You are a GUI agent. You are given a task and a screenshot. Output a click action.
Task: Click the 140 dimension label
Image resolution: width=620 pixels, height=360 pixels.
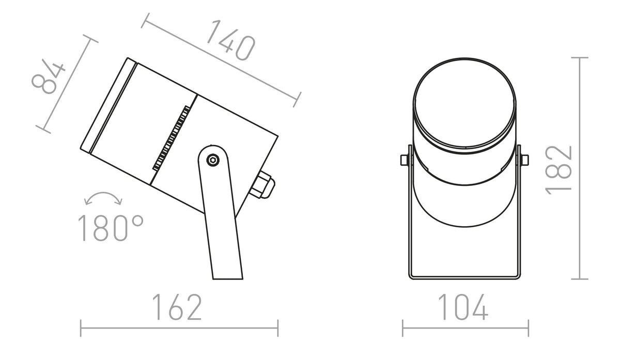click(230, 40)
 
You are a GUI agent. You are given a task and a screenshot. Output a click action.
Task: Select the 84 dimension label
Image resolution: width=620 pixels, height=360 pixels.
click(48, 76)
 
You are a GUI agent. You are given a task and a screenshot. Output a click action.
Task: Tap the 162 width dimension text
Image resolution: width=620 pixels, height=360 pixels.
click(177, 307)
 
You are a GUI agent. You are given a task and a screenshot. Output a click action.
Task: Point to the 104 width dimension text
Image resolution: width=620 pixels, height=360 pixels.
click(463, 307)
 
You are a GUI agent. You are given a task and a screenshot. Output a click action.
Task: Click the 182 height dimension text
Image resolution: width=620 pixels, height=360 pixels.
click(559, 170)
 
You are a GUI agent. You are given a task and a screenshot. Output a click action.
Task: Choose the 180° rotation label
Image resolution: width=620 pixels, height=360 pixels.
click(111, 228)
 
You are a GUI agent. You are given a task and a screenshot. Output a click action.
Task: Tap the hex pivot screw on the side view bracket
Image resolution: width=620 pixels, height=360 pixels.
click(213, 160)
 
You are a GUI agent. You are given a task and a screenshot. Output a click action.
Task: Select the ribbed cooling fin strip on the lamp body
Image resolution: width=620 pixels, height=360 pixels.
click(172, 138)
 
